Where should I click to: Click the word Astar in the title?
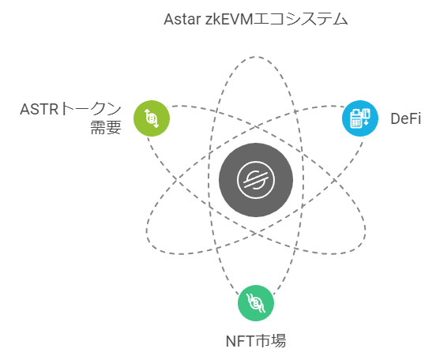182,19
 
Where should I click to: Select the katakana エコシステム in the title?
301,19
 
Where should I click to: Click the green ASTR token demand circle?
152,118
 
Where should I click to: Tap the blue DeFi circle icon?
360,118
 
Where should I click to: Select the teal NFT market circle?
256,303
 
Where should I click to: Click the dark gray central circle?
256,179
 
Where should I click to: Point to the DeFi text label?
406,118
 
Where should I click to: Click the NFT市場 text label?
256,341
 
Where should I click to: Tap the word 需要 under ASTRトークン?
106,128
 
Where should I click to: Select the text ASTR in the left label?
39,109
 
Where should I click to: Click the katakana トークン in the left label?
90,109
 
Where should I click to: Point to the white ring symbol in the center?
256,179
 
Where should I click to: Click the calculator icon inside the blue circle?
360,118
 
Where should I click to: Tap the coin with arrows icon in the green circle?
152,118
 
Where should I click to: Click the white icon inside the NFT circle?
256,303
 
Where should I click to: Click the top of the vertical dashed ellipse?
255,57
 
